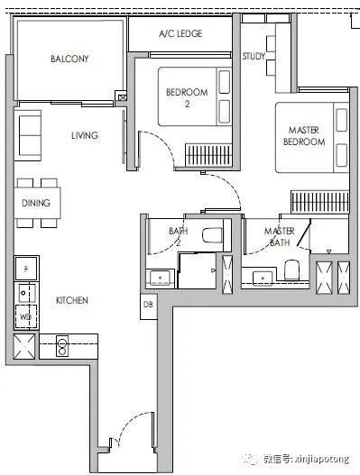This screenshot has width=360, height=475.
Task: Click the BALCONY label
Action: [x=69, y=59]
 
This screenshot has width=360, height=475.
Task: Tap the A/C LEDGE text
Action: [x=180, y=33]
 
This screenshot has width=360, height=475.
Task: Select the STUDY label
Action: [x=254, y=56]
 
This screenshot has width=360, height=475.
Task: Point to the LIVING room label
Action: [x=85, y=135]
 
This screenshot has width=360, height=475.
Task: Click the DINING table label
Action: [x=36, y=203]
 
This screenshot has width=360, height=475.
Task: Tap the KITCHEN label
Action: [x=72, y=300]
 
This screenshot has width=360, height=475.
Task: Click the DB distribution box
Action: [x=148, y=306]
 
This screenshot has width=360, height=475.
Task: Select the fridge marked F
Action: [x=26, y=269]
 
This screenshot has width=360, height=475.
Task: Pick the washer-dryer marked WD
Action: [x=26, y=316]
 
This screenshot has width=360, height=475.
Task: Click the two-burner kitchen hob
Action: [x=62, y=345]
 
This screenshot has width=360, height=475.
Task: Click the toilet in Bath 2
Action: [x=213, y=235]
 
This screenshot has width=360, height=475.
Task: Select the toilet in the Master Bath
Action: [x=291, y=269]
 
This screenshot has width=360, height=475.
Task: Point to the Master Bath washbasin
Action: [x=263, y=279]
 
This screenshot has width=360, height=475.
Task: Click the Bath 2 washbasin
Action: [x=160, y=278]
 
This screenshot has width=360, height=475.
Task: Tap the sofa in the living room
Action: [x=28, y=135]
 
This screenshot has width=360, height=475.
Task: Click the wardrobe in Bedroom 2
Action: [x=208, y=155]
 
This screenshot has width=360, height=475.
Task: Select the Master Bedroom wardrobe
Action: [x=320, y=202]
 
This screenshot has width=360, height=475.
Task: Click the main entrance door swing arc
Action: [x=131, y=425]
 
